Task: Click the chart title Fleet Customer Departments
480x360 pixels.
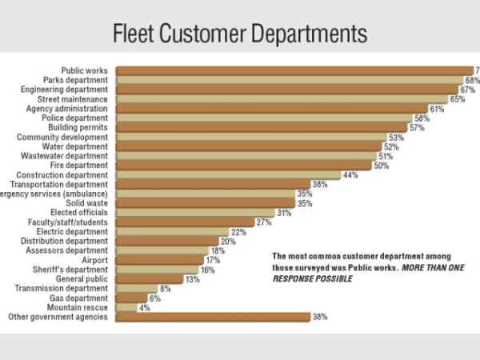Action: coord(240,34)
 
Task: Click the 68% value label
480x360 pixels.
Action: coord(472,81)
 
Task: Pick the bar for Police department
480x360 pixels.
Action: coord(264,118)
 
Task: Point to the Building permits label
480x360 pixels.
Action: coord(82,127)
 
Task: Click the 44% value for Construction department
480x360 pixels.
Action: coord(350,175)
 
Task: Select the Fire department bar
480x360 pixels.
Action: coord(244,166)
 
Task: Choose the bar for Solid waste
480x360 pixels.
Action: coord(206,203)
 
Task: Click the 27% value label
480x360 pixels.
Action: coord(263,222)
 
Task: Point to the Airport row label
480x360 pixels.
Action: coord(94,260)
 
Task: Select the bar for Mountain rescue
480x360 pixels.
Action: coord(126,307)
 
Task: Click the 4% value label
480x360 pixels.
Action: coord(144,307)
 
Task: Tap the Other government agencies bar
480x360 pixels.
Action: coord(213,317)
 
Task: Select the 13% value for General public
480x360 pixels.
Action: coord(192,279)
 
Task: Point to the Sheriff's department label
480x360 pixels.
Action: coord(77,270)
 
